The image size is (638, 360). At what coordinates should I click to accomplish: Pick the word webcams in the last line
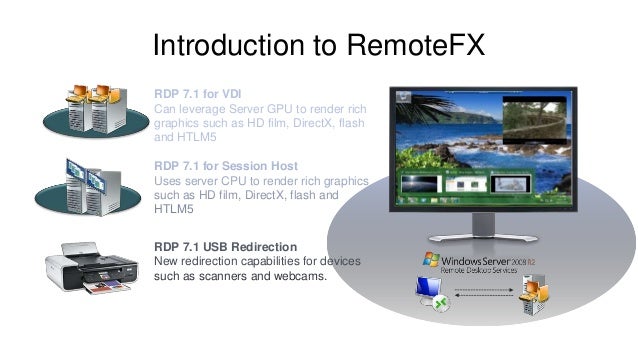click(296, 275)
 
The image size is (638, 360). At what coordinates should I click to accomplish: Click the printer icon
click(90, 269)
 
